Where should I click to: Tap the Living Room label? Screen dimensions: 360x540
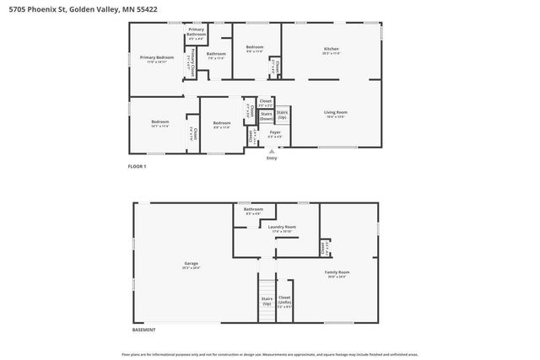click(x=336, y=114)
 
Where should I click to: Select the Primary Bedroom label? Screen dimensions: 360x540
click(x=156, y=60)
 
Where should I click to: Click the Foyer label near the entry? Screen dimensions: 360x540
click(x=275, y=133)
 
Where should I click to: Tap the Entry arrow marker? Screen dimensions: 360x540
click(x=272, y=152)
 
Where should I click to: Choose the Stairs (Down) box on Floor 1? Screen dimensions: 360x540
click(x=266, y=116)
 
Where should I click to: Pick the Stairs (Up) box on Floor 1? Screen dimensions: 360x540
click(x=282, y=115)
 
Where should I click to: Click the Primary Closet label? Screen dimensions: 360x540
click(x=193, y=63)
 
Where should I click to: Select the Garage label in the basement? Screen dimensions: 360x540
click(x=192, y=265)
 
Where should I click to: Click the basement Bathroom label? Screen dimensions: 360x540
click(x=253, y=211)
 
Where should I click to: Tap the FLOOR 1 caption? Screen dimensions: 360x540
click(x=137, y=167)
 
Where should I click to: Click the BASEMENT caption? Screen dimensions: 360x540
click(x=143, y=330)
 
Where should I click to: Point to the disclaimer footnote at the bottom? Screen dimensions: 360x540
click(x=270, y=354)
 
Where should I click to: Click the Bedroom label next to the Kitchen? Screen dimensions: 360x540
click(x=255, y=49)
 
